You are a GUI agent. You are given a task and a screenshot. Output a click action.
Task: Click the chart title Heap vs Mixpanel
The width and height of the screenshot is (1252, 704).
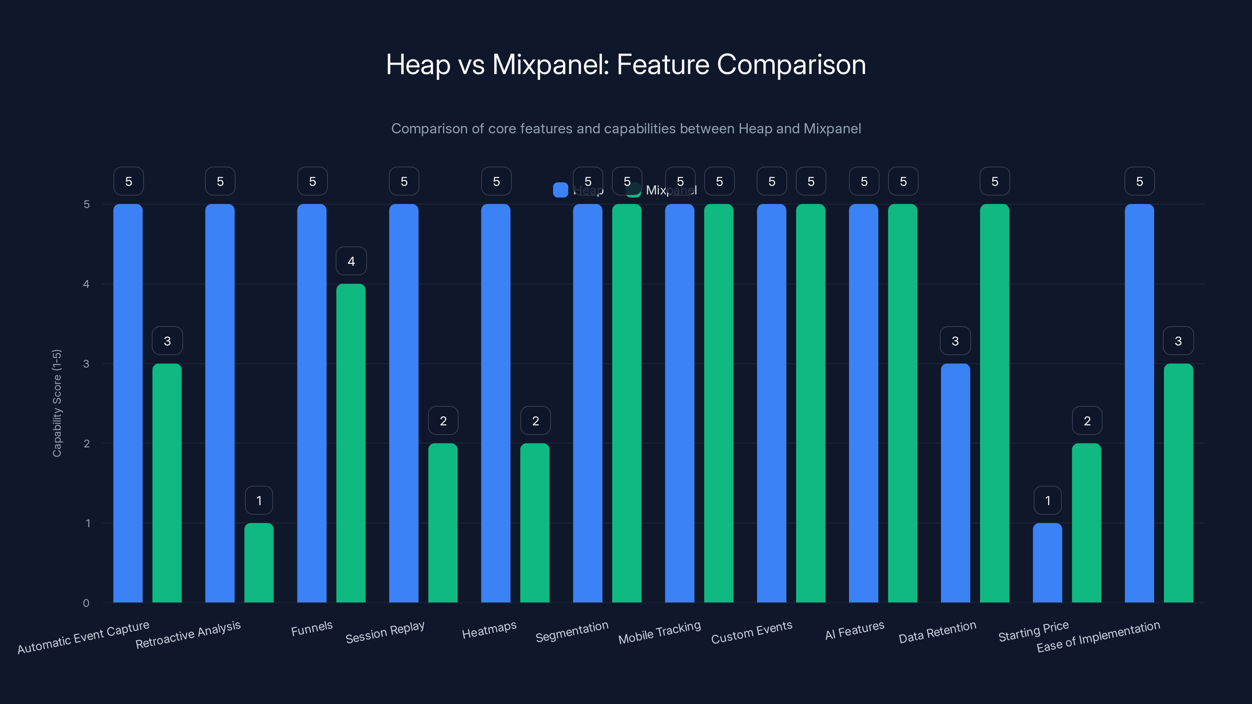[626, 65]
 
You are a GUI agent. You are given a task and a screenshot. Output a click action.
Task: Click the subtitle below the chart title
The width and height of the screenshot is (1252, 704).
[626, 129]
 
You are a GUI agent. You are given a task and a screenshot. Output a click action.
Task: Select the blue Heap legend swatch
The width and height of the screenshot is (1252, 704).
[560, 190]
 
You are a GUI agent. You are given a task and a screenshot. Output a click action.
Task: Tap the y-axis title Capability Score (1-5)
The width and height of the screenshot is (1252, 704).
[57, 403]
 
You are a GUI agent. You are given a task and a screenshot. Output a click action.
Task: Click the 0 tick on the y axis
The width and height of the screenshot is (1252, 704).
[86, 603]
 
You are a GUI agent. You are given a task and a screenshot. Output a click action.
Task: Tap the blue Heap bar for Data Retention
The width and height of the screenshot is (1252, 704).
[955, 483]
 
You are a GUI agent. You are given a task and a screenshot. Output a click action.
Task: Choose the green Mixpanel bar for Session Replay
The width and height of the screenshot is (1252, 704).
[443, 523]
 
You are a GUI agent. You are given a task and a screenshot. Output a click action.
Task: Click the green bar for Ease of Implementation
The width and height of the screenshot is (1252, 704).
[1178, 483]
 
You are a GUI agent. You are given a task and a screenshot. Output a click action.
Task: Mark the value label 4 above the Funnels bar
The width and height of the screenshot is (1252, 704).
[351, 261]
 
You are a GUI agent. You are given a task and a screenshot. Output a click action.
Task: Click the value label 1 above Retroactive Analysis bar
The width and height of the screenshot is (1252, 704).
[259, 501]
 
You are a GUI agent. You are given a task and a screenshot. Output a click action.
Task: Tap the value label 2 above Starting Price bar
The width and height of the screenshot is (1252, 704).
[1087, 421]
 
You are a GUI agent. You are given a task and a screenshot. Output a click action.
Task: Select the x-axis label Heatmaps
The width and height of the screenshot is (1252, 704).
[489, 630]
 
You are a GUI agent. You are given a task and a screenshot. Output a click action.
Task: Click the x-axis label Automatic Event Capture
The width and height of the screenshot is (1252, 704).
[83, 637]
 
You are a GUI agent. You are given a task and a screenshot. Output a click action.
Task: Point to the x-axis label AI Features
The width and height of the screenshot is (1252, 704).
[854, 630]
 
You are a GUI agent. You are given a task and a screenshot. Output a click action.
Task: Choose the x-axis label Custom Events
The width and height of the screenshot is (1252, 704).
[751, 632]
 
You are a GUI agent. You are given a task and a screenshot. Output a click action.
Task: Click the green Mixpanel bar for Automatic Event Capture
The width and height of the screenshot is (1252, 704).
[167, 483]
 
